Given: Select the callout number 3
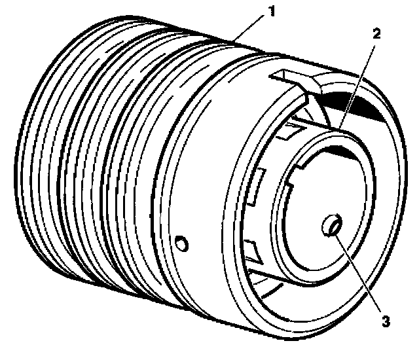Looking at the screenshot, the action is click(x=386, y=321).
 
